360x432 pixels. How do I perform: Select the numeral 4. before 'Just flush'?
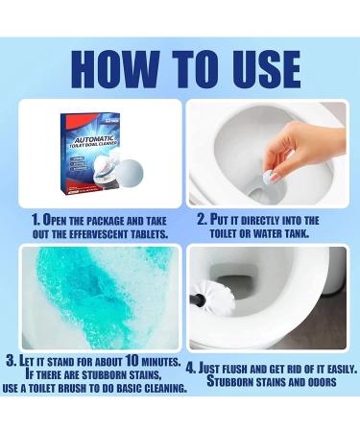(x=191, y=368)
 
